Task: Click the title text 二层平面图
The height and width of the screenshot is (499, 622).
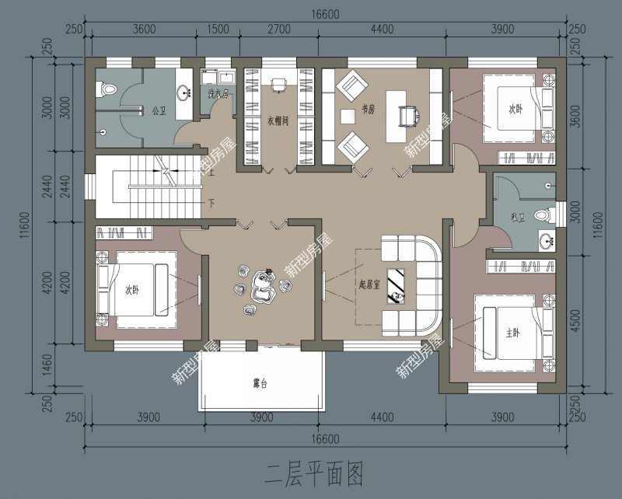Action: pos(314,472)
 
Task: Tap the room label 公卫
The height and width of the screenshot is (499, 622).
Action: pos(159,110)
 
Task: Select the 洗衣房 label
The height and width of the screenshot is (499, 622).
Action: pos(218,95)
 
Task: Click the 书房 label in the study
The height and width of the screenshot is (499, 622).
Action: pos(368,109)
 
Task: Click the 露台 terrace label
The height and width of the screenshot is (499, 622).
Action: pos(260,383)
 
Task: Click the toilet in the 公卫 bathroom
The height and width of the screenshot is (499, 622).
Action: pos(107,90)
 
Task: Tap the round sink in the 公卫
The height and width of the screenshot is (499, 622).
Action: pos(185,92)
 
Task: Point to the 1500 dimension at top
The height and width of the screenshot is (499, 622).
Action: pos(218,29)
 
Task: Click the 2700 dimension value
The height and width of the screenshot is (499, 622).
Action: pos(278,29)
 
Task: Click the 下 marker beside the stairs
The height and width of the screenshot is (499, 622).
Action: pos(211,202)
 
